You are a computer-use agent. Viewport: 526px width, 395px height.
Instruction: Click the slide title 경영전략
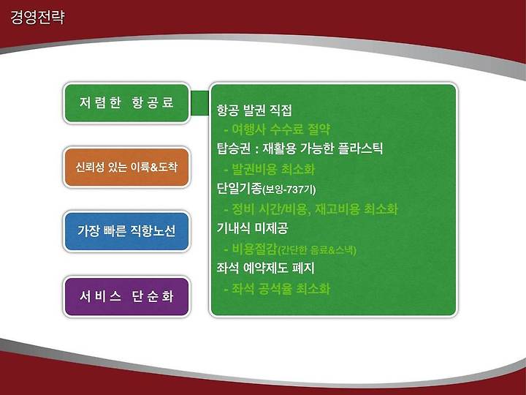point(37,17)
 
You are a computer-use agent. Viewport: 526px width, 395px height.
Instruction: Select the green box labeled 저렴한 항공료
point(126,103)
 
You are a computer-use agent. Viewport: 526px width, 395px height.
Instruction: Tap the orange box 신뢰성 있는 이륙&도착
point(126,168)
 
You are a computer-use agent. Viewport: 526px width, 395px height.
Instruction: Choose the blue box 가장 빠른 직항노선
point(126,231)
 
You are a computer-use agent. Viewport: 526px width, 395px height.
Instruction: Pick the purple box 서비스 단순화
point(126,296)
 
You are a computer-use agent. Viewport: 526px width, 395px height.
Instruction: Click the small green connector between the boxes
point(200,103)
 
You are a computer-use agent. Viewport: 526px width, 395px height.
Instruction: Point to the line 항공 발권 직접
point(254,110)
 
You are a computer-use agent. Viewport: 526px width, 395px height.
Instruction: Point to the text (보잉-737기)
point(289,189)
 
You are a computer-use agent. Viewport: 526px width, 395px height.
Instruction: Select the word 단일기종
point(239,188)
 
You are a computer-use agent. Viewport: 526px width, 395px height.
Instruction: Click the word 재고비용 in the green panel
point(337,209)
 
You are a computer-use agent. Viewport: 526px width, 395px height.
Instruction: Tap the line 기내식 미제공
point(252,228)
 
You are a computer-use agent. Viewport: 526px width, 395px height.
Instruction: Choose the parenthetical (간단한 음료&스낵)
point(316,250)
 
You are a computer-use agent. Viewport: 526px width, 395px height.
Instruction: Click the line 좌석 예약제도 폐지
point(266,268)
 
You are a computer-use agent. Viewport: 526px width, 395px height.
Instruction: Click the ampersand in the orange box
point(154,167)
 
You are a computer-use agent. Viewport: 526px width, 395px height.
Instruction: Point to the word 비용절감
point(254,249)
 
